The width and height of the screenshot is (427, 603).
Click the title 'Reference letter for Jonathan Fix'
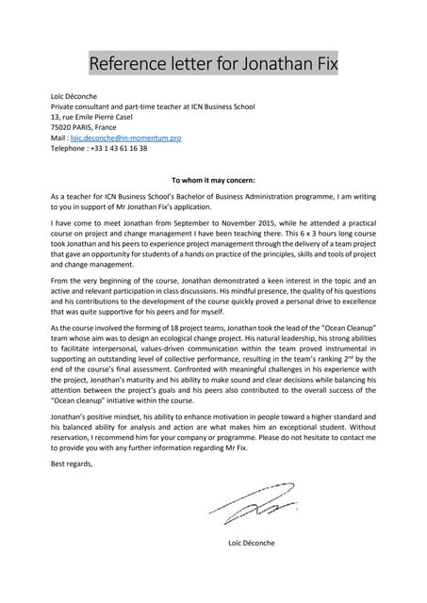[x=213, y=64]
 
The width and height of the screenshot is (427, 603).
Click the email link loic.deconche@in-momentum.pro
[x=125, y=138]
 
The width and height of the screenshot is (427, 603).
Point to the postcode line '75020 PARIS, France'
[x=83, y=127]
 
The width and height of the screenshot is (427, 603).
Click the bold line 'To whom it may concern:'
[x=213, y=179]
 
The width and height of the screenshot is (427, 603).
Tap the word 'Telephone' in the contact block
[x=68, y=148]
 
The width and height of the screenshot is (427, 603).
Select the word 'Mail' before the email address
[x=58, y=138]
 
